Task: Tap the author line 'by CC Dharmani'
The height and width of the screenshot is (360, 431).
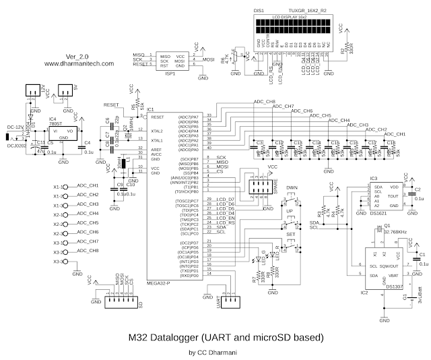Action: point(216,351)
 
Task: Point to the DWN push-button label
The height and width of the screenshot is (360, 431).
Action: point(292,188)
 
